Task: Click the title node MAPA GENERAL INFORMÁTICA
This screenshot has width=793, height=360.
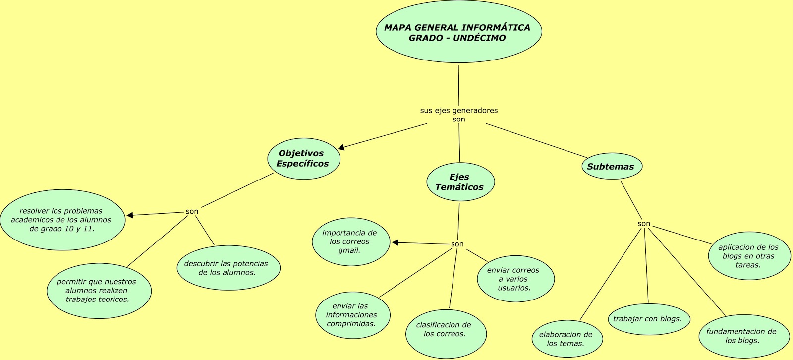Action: pos(458,32)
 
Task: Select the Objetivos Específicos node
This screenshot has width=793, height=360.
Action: pos(303,159)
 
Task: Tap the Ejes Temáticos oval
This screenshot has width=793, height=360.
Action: pos(460,182)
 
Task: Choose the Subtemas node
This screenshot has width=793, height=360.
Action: pos(611,167)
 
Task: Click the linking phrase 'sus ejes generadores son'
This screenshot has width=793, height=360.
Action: pos(459,115)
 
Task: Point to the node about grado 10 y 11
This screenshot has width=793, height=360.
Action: pos(62,220)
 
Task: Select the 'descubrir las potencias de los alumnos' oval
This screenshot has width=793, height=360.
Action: pos(227,268)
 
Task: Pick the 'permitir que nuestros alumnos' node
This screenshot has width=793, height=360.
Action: pos(98,291)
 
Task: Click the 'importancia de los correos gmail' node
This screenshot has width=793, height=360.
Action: pos(350,241)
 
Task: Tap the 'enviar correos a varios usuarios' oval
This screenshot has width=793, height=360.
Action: pos(514,279)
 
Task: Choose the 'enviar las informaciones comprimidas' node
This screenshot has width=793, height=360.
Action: pos(352,315)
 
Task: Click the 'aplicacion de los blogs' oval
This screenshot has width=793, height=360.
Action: pos(748,256)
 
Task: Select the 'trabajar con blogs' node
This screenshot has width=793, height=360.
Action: pos(648,319)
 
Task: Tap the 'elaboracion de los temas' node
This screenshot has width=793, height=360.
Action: pos(566,339)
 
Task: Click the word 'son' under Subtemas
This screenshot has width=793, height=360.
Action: pos(644,224)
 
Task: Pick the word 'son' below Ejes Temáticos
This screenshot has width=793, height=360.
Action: pos(457,244)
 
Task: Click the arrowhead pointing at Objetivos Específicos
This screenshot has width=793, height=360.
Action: pos(341,147)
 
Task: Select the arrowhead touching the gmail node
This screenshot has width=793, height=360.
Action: pos(395,242)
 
